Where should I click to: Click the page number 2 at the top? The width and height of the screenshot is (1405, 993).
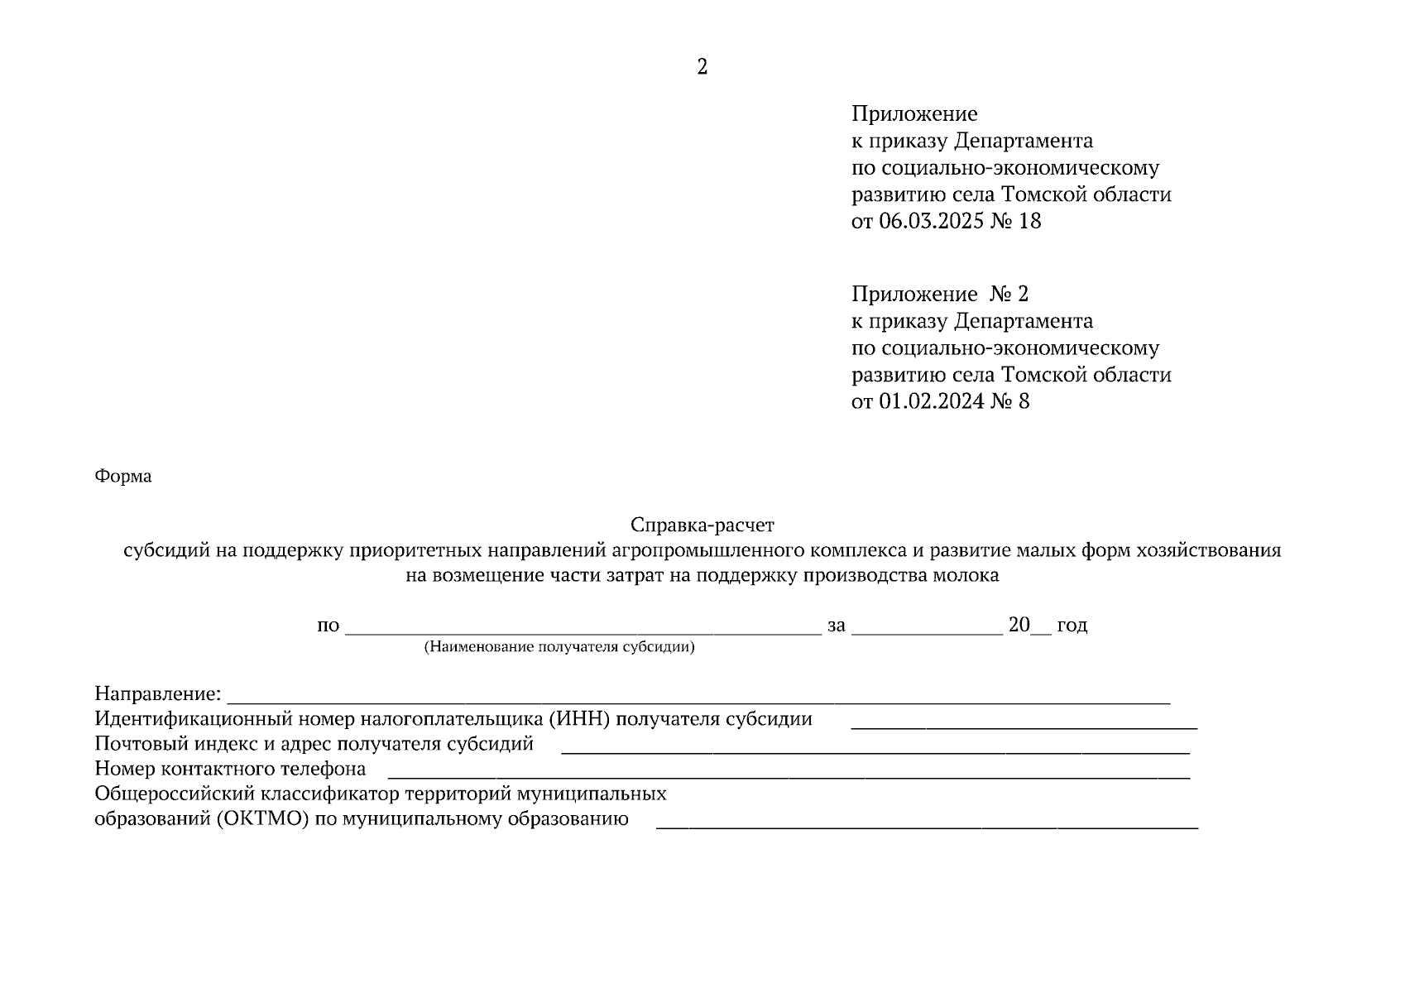pos(702,67)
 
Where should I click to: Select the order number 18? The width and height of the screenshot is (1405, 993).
pos(1030,221)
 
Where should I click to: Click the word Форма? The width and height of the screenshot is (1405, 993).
pos(123,477)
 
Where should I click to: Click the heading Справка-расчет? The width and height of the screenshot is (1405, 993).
pos(702,525)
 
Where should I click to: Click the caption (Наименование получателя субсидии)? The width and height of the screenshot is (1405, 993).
pos(559,647)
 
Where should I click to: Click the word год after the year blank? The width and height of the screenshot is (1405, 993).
pos(1072,625)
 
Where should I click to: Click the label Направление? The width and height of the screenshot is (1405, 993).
pos(158,693)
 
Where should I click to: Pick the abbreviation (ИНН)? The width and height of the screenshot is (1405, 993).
pos(578,718)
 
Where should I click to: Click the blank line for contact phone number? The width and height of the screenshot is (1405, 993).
pos(789,774)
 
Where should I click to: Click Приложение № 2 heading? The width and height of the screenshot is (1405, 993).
pos(940,294)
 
